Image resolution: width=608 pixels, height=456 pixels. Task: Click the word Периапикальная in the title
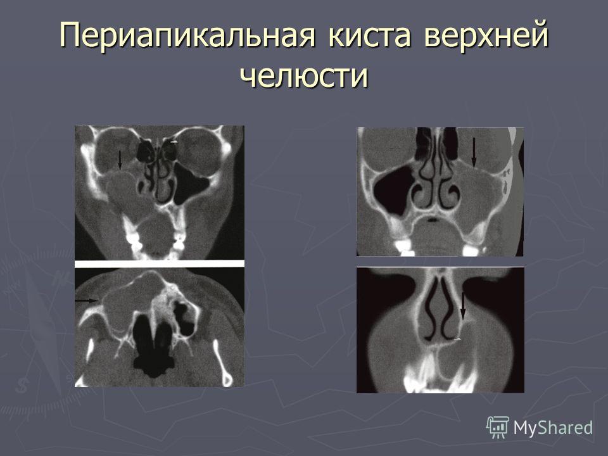pyautogui.click(x=187, y=35)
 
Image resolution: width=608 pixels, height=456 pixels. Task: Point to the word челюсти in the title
pyautogui.click(x=303, y=75)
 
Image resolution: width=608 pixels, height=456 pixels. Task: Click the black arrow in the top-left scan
pyautogui.click(x=120, y=160)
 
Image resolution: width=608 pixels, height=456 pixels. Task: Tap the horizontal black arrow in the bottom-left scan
pyautogui.click(x=87, y=300)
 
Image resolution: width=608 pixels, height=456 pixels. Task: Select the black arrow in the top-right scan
pyautogui.click(x=474, y=153)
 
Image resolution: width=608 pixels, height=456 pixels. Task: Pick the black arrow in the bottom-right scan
pyautogui.click(x=462, y=306)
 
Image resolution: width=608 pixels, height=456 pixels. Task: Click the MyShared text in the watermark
pyautogui.click(x=553, y=427)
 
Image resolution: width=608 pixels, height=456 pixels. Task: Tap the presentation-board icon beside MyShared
pyautogui.click(x=498, y=427)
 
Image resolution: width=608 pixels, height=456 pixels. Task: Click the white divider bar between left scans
pyautogui.click(x=160, y=263)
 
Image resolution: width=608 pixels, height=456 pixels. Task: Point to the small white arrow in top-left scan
pyautogui.click(x=175, y=142)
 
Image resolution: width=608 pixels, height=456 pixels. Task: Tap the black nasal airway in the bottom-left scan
pyautogui.click(x=153, y=345)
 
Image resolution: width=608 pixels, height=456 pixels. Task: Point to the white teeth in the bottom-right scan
pyautogui.click(x=438, y=374)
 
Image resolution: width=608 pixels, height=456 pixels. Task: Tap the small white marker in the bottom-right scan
pyautogui.click(x=458, y=339)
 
